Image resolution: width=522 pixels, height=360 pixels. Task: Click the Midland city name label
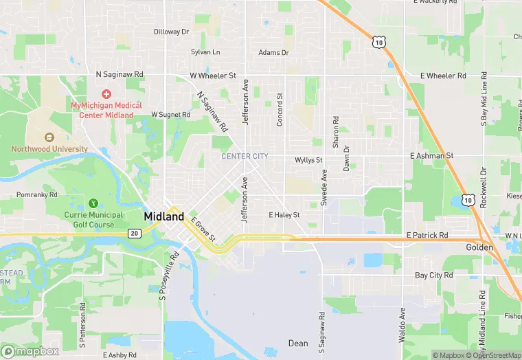coord(164,216)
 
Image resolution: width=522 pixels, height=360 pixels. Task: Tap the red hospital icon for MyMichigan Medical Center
coord(106,93)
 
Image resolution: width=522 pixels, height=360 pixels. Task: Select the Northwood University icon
coord(49,137)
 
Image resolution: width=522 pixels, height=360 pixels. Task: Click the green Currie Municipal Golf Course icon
coord(93,203)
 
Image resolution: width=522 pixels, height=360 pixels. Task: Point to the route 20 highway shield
coord(134,234)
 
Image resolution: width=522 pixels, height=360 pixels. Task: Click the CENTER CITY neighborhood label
coord(245,157)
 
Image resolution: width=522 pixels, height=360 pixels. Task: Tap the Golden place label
coord(479,247)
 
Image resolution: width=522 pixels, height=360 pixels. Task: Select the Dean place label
coord(298,343)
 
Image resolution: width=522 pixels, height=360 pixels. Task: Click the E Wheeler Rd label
coord(443,76)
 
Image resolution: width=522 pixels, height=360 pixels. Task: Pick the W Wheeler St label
coord(213,76)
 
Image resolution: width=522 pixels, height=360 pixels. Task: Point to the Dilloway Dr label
coord(171,32)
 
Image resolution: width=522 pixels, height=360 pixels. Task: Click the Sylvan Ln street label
coord(205,52)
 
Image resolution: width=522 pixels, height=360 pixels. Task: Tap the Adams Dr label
coord(273,52)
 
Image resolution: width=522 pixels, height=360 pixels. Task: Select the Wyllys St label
coord(308,160)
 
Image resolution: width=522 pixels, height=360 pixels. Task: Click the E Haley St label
coord(284,215)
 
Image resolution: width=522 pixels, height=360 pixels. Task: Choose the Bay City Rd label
coord(434,275)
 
